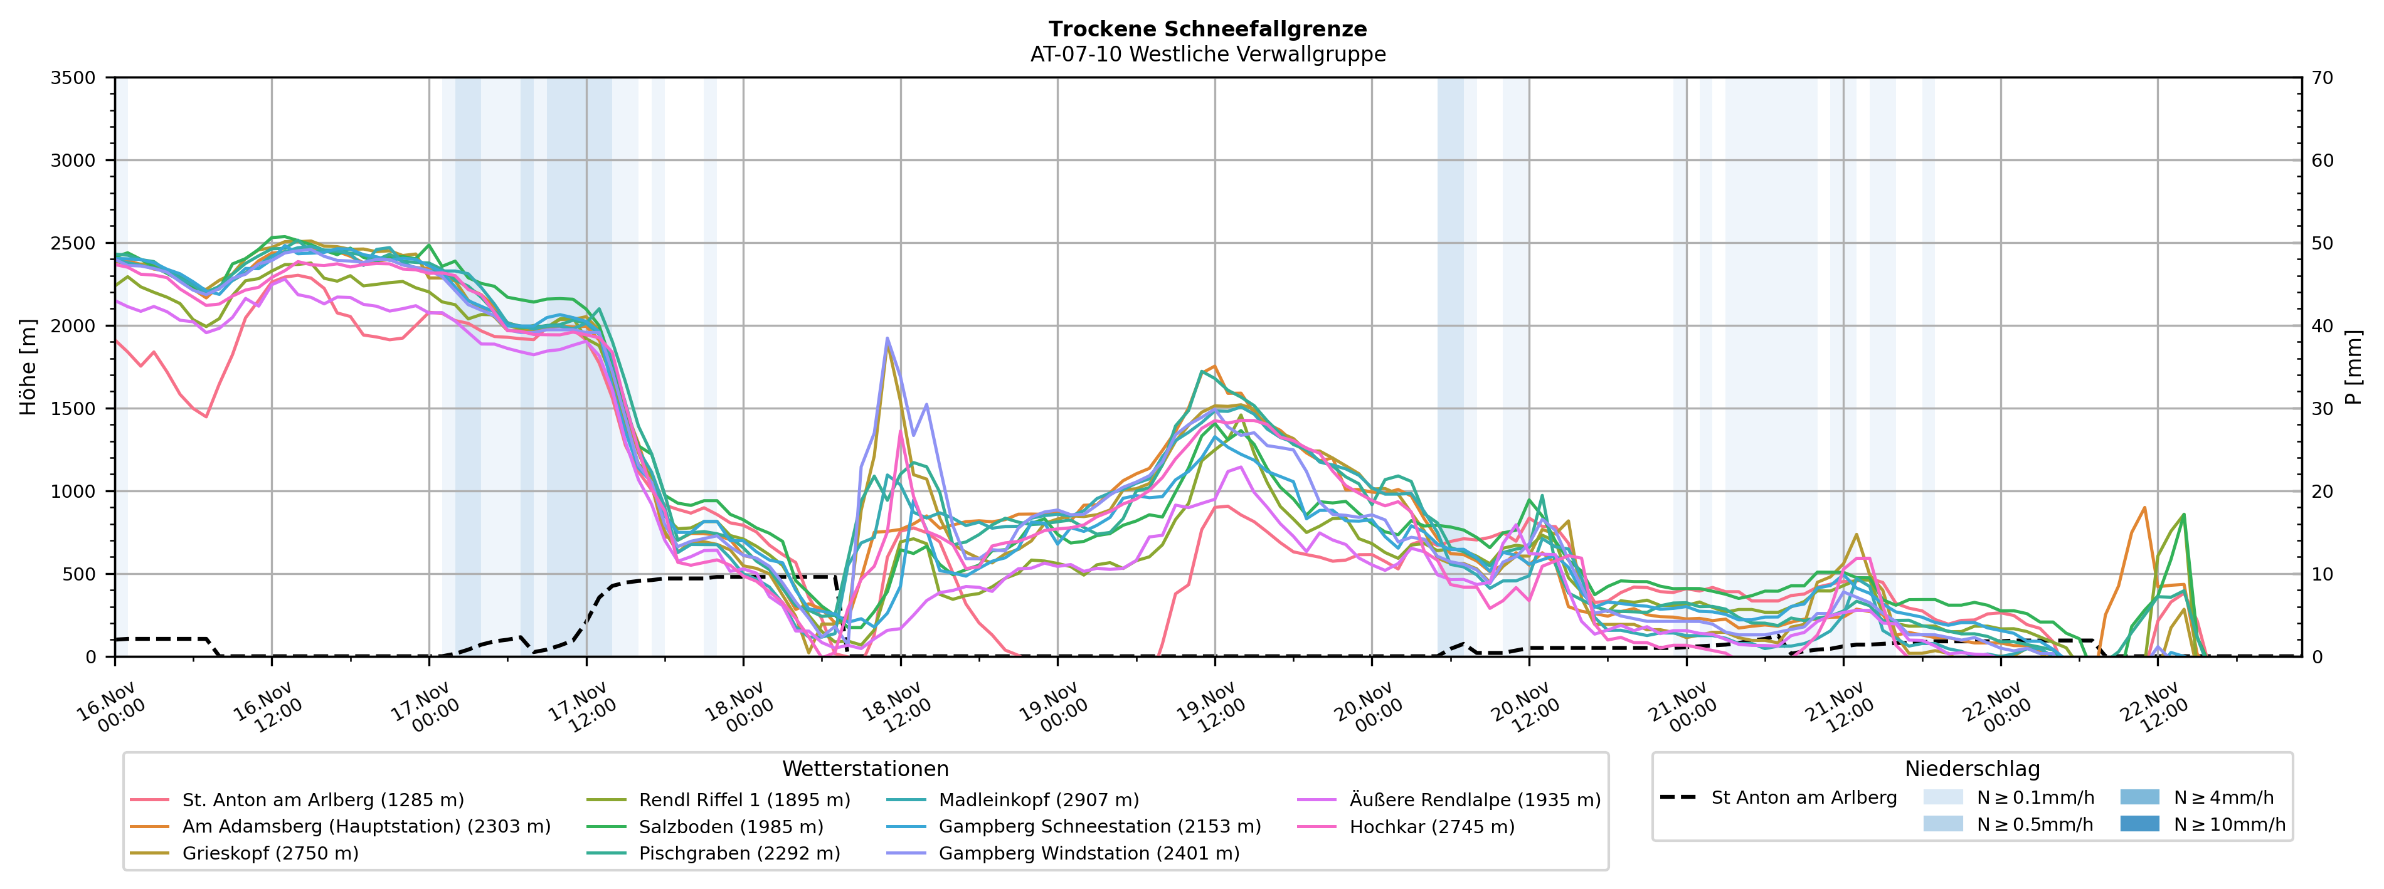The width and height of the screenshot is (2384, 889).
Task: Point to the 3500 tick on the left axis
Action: point(73,78)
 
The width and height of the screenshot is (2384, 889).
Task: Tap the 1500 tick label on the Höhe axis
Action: point(73,409)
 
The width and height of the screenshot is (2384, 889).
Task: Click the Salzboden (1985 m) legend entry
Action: point(730,827)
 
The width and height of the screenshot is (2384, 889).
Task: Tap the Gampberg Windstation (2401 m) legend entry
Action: point(1088,853)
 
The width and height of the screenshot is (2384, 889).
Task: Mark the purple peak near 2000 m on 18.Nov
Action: point(887,339)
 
